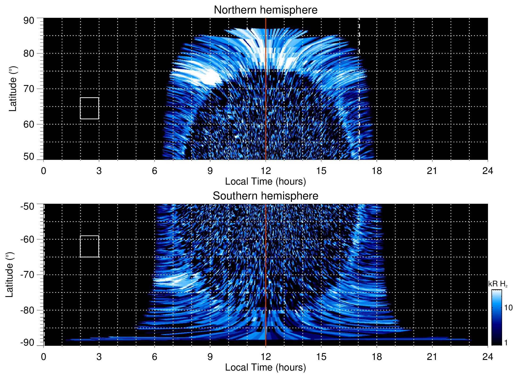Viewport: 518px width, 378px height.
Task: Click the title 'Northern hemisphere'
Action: (x=265, y=10)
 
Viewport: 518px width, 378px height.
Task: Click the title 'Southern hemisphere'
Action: (x=265, y=196)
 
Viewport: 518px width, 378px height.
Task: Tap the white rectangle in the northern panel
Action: (x=90, y=108)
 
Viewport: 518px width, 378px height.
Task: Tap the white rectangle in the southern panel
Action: (x=90, y=246)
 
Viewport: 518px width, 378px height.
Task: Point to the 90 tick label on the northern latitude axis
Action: (x=29, y=21)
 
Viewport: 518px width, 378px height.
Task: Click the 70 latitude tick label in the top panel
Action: (x=29, y=89)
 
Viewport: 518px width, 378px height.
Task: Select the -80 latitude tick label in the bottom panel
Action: (x=27, y=310)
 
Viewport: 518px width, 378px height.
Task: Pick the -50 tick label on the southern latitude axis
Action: (x=27, y=206)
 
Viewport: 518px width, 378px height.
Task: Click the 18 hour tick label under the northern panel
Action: (x=377, y=171)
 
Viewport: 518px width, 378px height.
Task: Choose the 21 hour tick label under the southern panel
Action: (x=432, y=357)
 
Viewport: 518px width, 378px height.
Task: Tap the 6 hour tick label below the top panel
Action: (x=155, y=171)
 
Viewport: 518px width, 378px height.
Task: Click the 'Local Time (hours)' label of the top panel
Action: (x=265, y=181)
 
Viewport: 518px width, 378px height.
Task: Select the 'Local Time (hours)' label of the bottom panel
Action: (x=265, y=367)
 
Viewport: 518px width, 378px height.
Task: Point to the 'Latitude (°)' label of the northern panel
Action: (x=13, y=89)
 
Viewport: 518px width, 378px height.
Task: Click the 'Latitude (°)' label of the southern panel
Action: (x=10, y=275)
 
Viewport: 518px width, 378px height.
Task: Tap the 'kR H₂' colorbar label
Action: (x=498, y=284)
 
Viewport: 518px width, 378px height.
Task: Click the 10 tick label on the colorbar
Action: (x=508, y=308)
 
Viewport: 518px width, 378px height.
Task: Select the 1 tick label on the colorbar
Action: (x=506, y=343)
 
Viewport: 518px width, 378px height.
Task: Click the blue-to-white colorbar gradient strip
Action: (x=496, y=317)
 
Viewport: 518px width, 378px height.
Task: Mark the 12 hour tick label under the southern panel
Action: (x=265, y=357)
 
